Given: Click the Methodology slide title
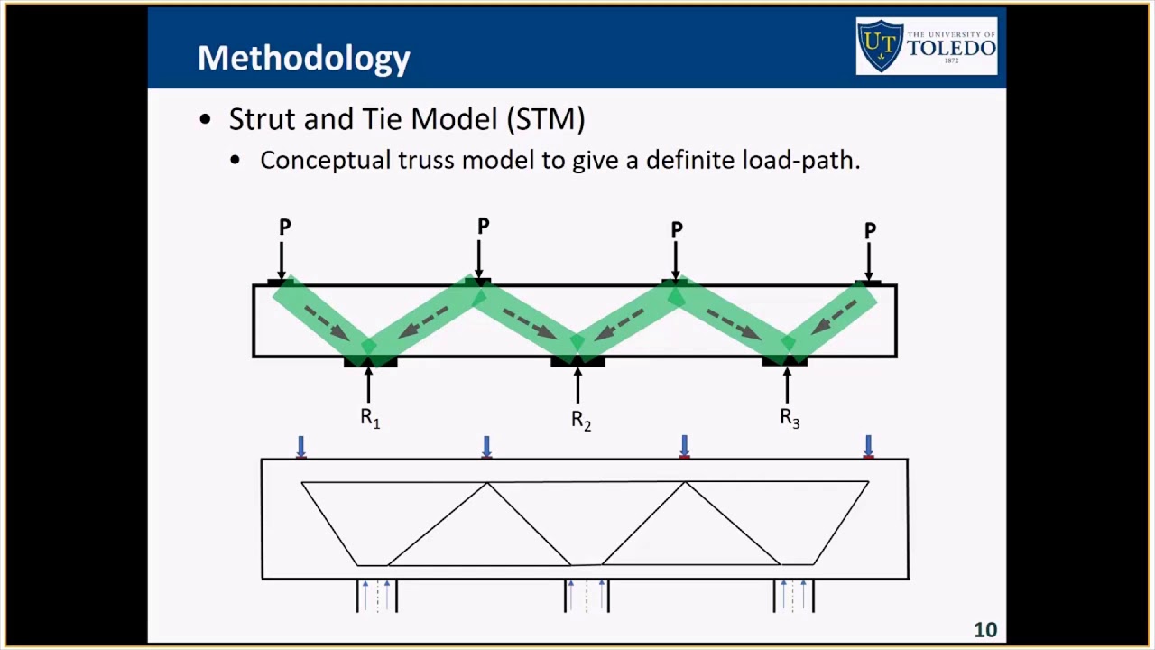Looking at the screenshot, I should click(303, 58).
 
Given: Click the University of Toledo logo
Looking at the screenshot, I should click(927, 45).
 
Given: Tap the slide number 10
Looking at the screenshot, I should click(984, 630).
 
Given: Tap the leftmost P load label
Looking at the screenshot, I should click(284, 227).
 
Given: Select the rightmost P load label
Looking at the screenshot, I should click(870, 231).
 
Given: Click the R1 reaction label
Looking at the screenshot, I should click(370, 418).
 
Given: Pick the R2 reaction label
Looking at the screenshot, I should click(580, 420).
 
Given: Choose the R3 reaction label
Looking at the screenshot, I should click(790, 418).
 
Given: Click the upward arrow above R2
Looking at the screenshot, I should click(577, 385).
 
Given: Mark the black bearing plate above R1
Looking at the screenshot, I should click(370, 362).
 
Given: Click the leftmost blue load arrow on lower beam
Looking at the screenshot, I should click(300, 447).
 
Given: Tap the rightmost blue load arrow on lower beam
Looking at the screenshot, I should click(868, 447).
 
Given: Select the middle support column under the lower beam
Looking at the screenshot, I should click(587, 596).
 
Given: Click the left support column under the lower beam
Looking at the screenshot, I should click(376, 596).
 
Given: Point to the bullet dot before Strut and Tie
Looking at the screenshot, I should click(206, 120).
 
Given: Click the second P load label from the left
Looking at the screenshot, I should click(483, 227).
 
